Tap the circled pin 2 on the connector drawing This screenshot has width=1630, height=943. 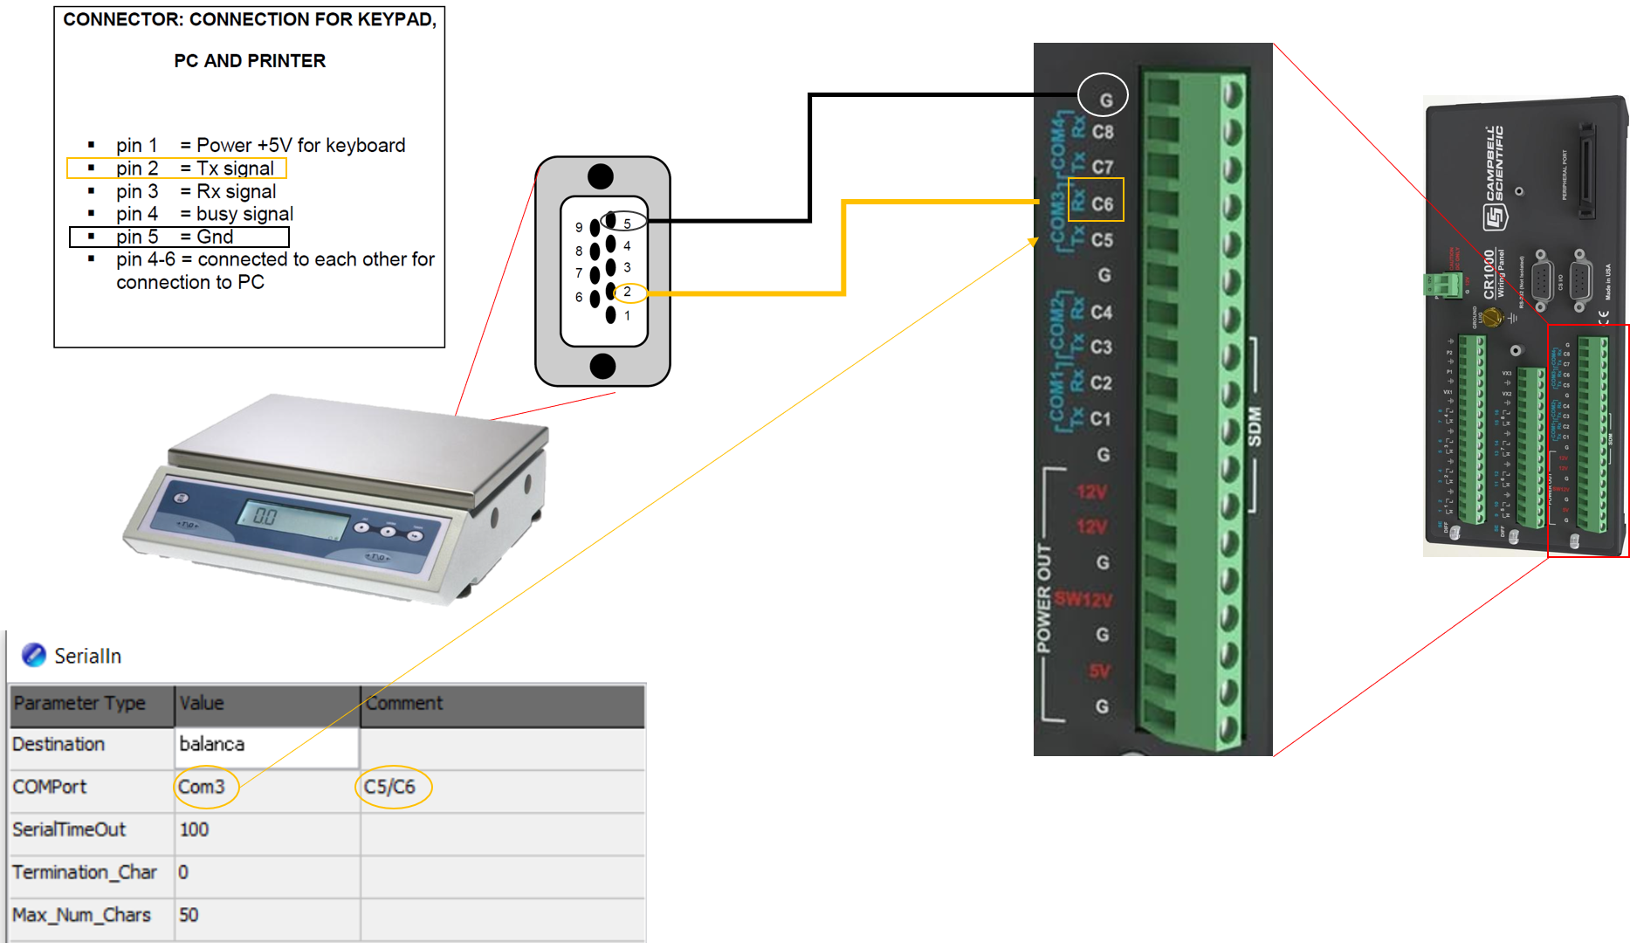point(628,293)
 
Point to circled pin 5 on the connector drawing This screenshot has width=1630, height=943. point(626,222)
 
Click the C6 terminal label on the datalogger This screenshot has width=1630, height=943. point(1102,203)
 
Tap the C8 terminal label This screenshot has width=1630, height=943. point(1103,133)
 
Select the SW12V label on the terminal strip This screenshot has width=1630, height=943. point(1083,599)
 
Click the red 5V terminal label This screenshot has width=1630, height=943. point(1098,671)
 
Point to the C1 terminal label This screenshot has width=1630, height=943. point(1101,419)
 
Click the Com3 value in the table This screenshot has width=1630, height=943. point(203,787)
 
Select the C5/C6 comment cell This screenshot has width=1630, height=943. point(390,787)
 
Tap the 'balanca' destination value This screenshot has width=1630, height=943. point(212,744)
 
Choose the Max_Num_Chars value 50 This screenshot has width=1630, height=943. point(189,915)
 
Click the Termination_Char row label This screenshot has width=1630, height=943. point(85,872)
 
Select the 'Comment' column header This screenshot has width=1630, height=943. point(404,704)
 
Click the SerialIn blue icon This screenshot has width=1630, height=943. point(34,655)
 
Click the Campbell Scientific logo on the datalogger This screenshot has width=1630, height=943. point(1495,179)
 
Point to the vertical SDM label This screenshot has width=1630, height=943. point(1255,427)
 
